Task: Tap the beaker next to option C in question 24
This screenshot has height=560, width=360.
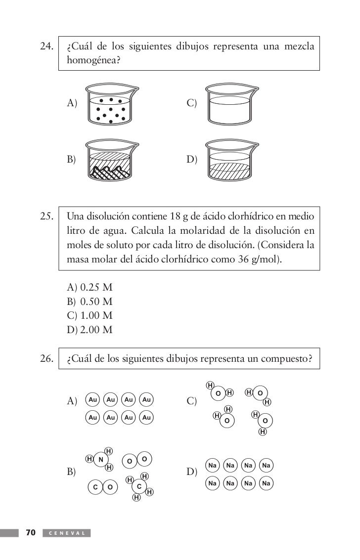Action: click(x=231, y=104)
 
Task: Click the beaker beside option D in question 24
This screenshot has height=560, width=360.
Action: click(x=231, y=160)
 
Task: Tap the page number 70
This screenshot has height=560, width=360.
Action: click(x=31, y=533)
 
